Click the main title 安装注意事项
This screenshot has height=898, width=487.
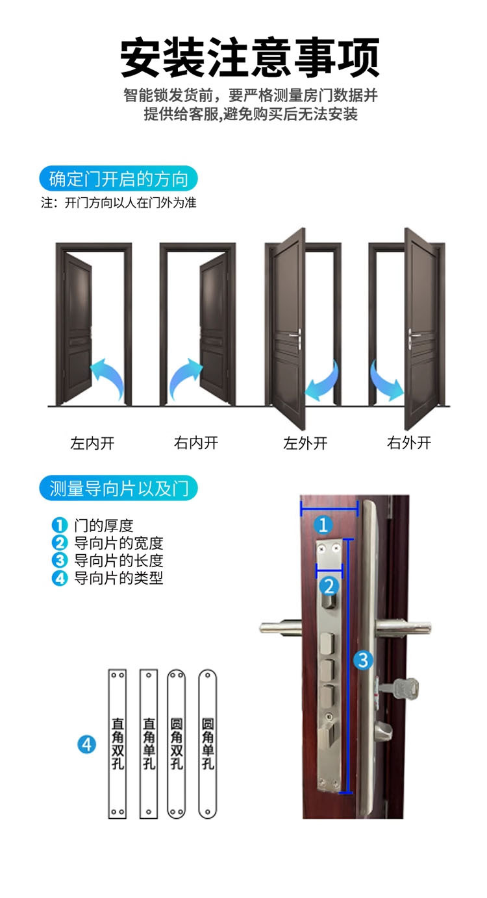(250, 58)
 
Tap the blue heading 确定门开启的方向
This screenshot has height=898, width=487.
(118, 178)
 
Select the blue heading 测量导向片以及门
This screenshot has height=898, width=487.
(118, 487)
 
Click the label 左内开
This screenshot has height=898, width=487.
(92, 444)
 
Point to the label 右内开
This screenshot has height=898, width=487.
(196, 444)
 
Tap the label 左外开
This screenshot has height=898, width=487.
(305, 444)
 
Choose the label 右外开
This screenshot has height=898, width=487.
(409, 444)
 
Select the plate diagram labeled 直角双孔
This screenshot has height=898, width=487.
(118, 743)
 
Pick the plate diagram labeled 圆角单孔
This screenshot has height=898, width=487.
(208, 743)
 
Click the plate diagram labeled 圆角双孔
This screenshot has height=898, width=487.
(177, 743)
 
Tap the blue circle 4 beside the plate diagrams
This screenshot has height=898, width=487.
(86, 744)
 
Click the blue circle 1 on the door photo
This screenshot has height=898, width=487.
(323, 524)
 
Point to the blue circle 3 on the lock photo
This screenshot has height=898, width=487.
(363, 661)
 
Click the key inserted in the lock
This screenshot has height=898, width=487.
(404, 686)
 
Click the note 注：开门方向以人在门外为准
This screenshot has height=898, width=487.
(119, 202)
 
